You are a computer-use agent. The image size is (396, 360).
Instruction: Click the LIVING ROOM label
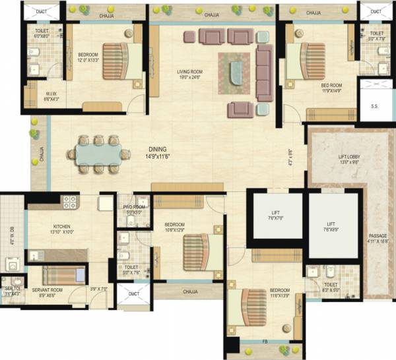[x=189, y=73]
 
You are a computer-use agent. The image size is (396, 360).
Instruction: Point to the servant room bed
[x=64, y=274]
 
